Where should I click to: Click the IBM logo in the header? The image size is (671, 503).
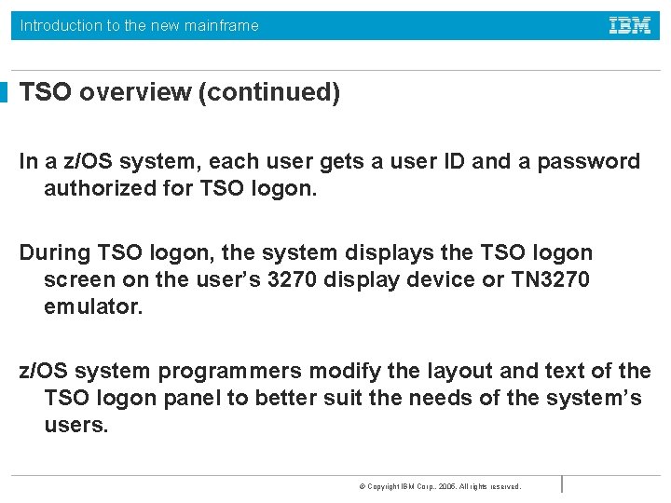pos(630,26)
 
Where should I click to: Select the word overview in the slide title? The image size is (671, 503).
pos(136,93)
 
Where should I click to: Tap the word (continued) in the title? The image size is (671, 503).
pos(269,93)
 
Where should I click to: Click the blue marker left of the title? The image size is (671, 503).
pos(4,92)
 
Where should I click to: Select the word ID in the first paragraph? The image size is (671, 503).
pos(452,161)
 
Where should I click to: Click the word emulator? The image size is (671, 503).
pos(94,307)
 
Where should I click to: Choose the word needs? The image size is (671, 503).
pos(453,398)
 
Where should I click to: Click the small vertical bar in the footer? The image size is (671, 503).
pos(562,483)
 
